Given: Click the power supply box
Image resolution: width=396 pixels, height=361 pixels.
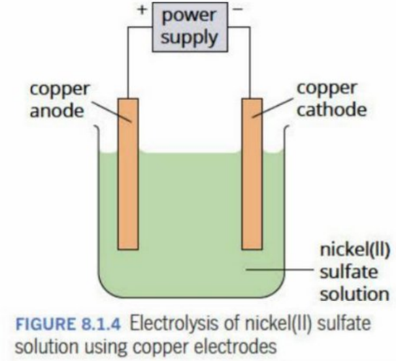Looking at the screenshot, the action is (x=190, y=27).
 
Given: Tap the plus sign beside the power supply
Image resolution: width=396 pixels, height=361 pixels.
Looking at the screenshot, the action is (x=142, y=10).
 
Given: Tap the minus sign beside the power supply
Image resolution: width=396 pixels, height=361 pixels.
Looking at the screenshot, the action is (x=238, y=9).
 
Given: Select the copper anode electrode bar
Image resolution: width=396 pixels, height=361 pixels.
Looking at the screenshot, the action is (x=128, y=174).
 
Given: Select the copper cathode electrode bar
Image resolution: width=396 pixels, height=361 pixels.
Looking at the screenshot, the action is (x=252, y=174).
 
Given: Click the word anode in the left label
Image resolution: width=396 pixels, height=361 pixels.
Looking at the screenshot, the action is (x=57, y=111).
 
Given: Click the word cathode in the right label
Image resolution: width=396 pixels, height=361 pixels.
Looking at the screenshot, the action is (x=331, y=110).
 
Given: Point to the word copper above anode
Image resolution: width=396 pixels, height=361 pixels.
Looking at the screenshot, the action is (x=60, y=90).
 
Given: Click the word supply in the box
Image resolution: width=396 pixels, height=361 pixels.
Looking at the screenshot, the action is (x=190, y=38).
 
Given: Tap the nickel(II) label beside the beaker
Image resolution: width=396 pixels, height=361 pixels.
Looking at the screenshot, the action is (x=355, y=250).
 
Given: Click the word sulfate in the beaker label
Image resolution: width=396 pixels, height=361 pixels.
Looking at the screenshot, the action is (x=349, y=272).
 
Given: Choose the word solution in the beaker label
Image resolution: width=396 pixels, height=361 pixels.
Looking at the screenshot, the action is (x=355, y=294).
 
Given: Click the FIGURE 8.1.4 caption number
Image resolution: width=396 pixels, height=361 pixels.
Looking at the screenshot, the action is (x=68, y=324).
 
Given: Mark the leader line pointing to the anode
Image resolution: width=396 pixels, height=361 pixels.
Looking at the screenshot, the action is (x=111, y=112).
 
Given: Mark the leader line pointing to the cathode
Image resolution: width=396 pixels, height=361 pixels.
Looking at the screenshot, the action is (x=273, y=108).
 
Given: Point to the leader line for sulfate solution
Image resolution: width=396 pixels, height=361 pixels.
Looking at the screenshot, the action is (x=280, y=270).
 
